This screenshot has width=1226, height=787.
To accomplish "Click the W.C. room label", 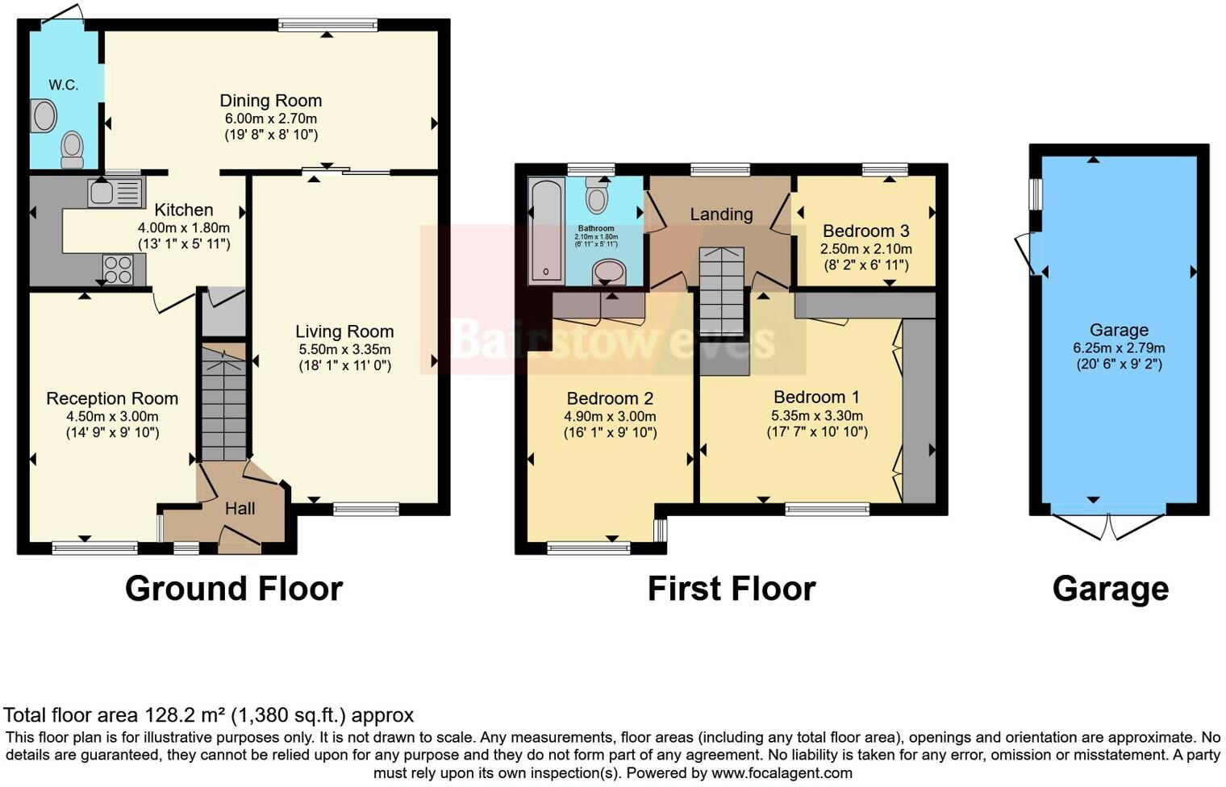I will (x=63, y=85).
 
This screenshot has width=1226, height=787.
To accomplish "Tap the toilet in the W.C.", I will (x=72, y=148).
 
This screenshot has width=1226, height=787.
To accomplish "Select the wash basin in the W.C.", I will (x=44, y=115).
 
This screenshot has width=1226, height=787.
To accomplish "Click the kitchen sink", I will (x=115, y=193).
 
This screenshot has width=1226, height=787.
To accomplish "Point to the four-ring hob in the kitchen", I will (x=118, y=269).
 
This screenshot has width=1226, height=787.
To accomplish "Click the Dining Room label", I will (x=270, y=101).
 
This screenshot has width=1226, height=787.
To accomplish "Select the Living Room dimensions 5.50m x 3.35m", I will (x=344, y=349).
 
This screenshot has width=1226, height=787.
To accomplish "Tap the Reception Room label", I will (x=112, y=398).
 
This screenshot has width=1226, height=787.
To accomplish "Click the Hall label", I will (x=240, y=509).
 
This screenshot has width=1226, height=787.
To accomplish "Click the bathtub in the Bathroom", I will (x=546, y=231).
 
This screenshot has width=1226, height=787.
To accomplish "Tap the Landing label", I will (x=721, y=214).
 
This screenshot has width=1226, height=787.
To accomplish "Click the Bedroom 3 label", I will (x=865, y=231).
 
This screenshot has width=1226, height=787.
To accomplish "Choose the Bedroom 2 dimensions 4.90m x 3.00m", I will (x=610, y=416).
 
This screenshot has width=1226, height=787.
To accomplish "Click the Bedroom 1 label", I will (x=816, y=397).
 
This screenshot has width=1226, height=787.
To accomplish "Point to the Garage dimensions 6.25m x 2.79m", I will (x=1118, y=348).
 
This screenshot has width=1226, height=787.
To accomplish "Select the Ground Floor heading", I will (x=234, y=589).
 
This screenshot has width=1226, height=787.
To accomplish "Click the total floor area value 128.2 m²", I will (x=186, y=715).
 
